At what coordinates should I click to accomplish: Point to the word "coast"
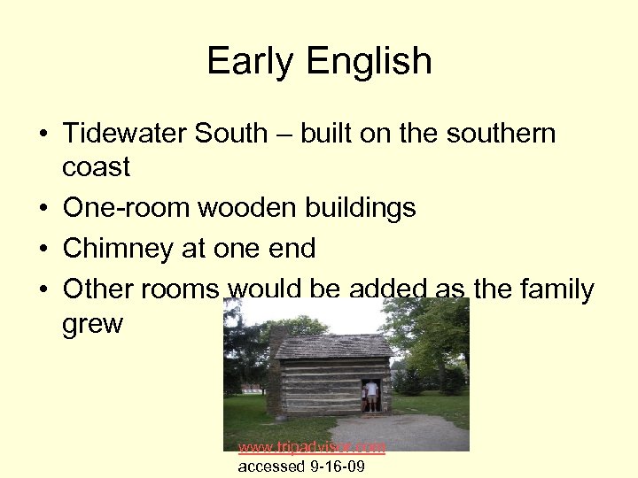97,166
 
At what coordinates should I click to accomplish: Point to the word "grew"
92,324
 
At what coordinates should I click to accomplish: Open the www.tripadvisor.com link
312,448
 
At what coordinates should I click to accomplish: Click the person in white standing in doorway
372,395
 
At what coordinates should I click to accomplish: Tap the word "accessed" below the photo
269,466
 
